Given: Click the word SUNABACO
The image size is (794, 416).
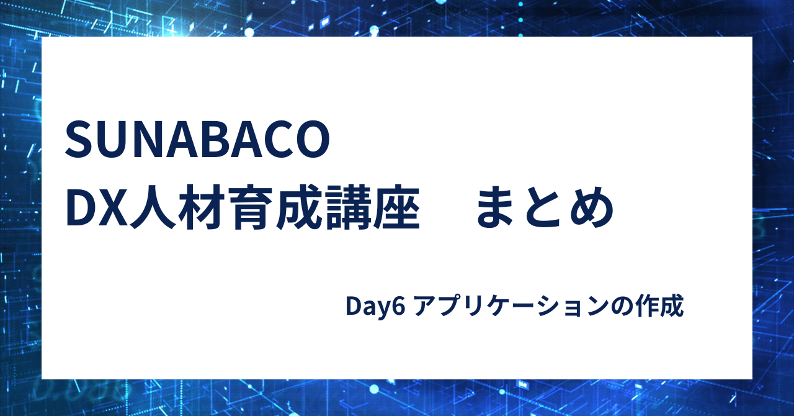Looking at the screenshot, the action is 197,140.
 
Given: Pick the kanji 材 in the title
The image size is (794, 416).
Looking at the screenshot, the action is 201,207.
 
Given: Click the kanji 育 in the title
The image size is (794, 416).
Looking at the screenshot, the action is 249,207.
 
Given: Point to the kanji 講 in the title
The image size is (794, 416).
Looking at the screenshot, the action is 347,207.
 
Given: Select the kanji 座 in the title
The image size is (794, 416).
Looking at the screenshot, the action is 396,207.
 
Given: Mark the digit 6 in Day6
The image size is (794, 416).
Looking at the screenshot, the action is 398,306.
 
